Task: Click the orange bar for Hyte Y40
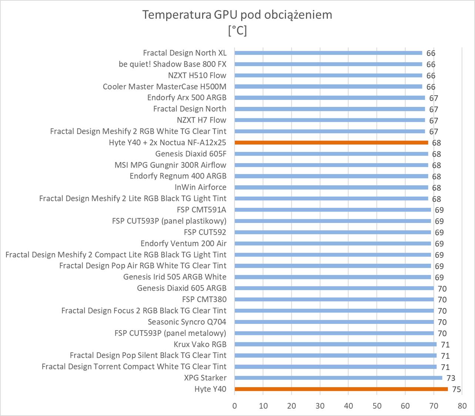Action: click(341, 389)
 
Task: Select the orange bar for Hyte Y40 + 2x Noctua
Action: click(331, 142)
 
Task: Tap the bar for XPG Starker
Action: click(338, 378)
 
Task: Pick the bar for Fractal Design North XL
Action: click(328, 53)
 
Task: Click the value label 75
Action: click(456, 389)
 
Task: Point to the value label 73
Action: click(451, 378)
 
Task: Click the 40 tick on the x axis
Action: click(348, 406)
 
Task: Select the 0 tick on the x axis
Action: click(235, 406)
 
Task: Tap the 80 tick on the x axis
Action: click(462, 406)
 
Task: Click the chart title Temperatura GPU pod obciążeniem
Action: click(237, 15)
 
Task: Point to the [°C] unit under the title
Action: click(237, 30)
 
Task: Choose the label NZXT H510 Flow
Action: click(197, 75)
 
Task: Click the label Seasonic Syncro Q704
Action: click(187, 322)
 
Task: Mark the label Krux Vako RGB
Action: click(200, 344)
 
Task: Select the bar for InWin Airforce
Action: click(331, 187)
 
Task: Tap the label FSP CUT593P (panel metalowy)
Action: click(170, 333)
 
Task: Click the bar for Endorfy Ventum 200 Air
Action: click(332, 243)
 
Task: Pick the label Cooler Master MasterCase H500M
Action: click(164, 87)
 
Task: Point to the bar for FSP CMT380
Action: click(334, 300)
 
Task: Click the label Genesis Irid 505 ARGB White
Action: click(175, 277)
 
